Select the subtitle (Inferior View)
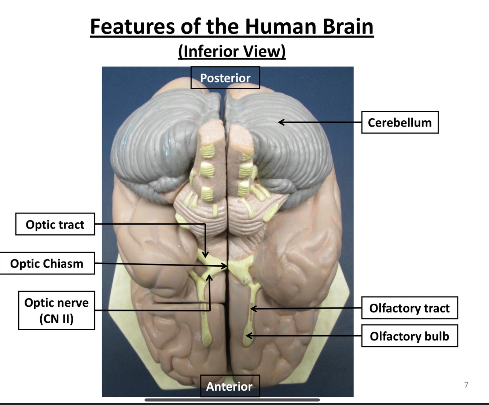232,51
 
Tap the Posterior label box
225,78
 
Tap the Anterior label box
229,386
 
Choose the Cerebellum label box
400,123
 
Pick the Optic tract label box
55,224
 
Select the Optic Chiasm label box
47,263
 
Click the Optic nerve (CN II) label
56,310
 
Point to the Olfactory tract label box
409,308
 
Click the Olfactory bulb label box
409,336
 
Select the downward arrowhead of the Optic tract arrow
205,255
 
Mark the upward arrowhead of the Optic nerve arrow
209,277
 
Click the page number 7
466,385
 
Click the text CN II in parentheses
56,318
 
